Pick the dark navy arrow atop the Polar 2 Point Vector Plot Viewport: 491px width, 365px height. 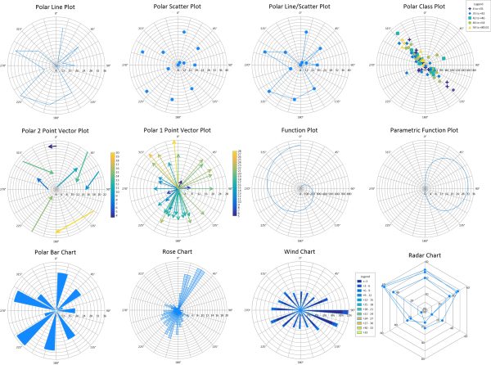pyautogui.click(x=52, y=146)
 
